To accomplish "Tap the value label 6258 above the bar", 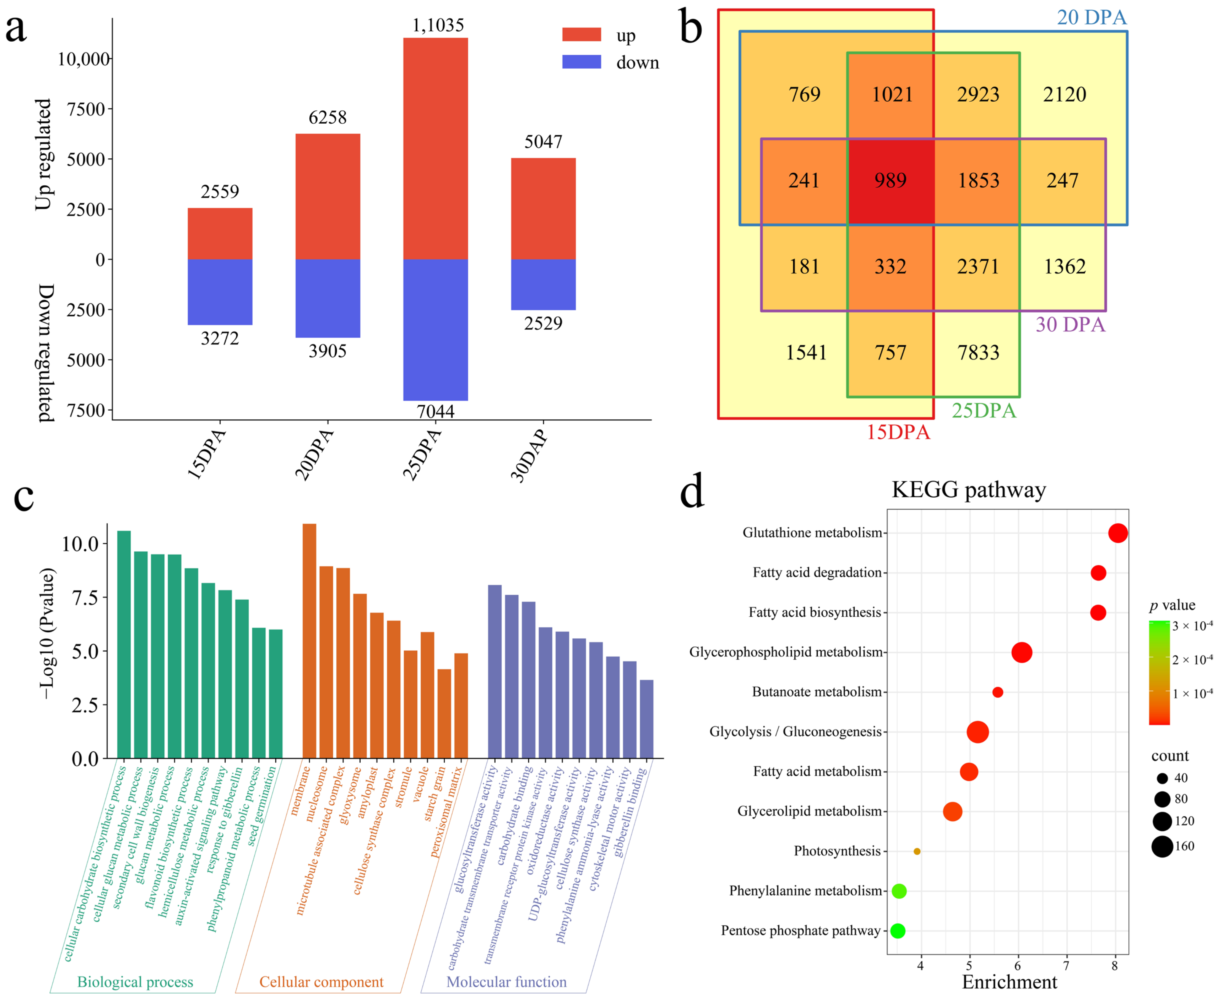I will (x=327, y=118).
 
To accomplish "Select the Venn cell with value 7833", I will (x=978, y=353).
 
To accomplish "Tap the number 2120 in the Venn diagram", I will (x=1064, y=94).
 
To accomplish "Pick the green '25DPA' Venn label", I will (x=984, y=411).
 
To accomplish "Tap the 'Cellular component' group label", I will (x=321, y=982).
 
